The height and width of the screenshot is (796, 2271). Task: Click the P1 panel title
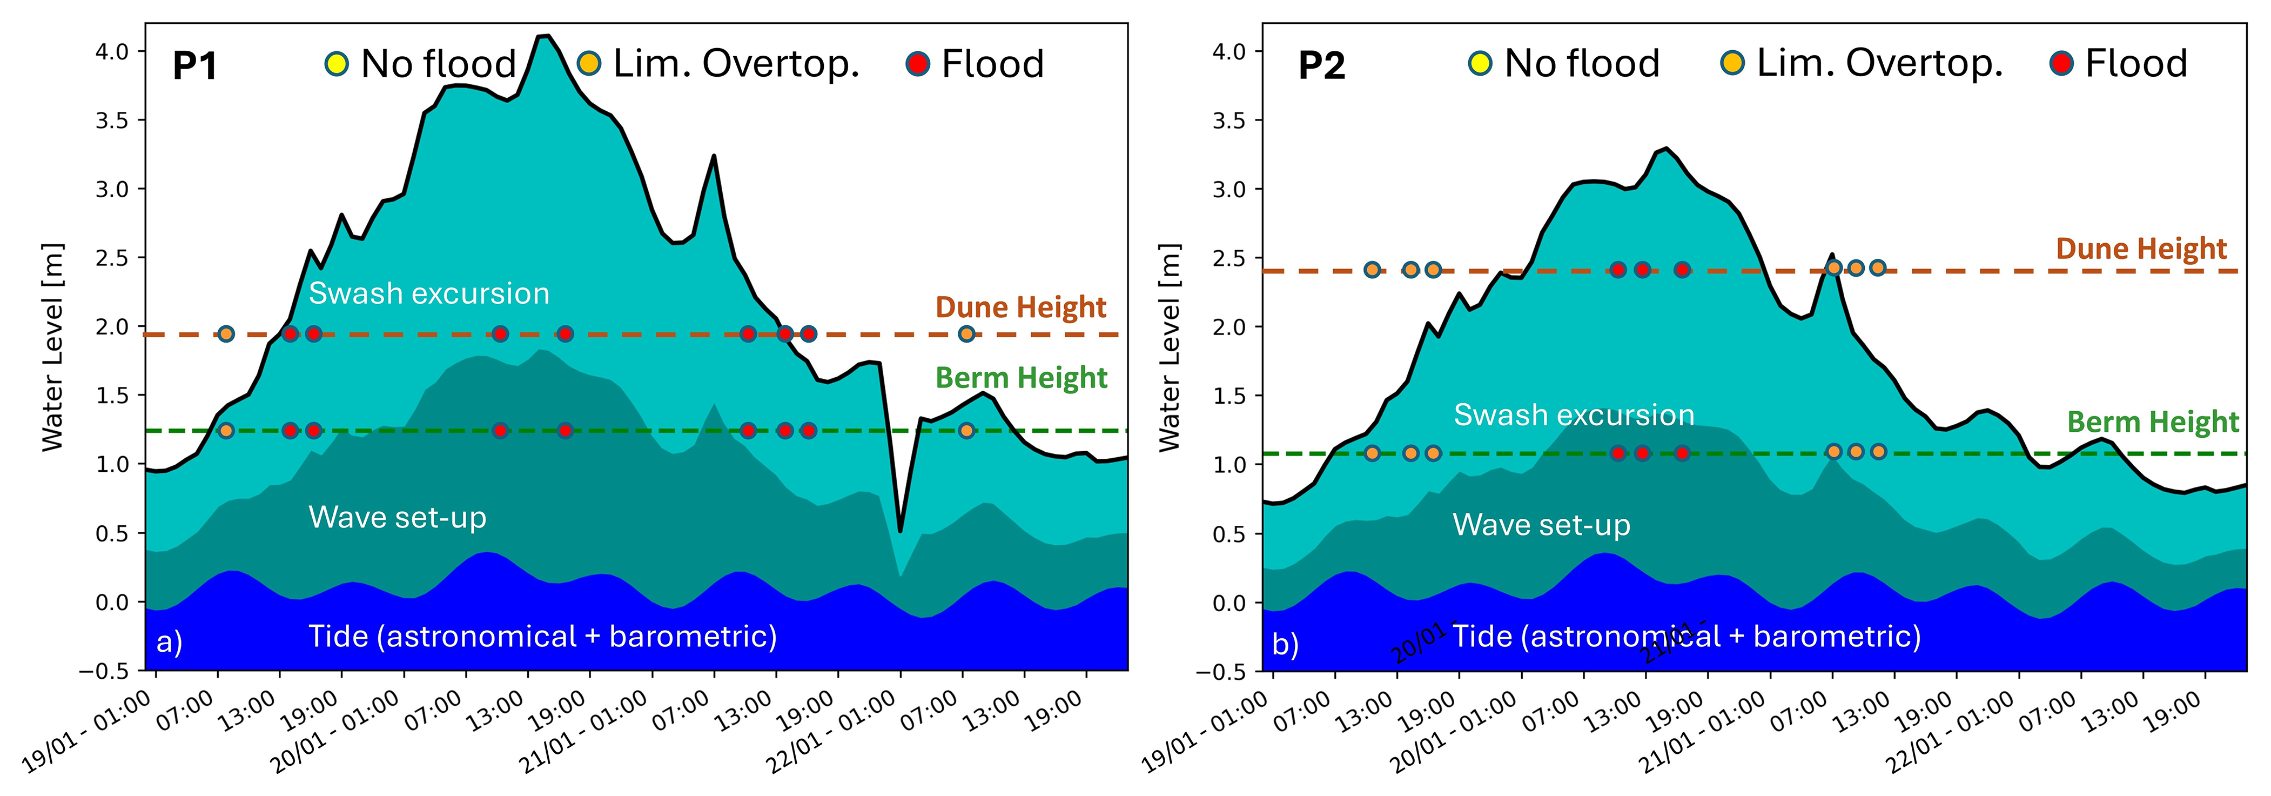(195, 66)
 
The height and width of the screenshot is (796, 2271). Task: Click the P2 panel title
(1321, 66)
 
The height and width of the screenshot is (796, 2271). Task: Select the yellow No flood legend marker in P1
(336, 63)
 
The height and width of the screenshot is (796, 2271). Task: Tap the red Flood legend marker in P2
(2061, 63)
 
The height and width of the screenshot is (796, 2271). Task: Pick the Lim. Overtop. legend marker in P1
(589, 63)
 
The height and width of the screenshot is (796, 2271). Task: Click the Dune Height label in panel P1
(1020, 307)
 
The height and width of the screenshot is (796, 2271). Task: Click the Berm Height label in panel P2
(2153, 422)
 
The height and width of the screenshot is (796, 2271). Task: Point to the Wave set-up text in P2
(1541, 525)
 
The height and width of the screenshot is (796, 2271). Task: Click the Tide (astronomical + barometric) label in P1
(542, 636)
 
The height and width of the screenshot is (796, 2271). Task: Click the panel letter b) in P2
(1285, 644)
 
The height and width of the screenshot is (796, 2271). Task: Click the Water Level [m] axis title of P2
(1169, 347)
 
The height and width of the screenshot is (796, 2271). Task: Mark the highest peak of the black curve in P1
(545, 36)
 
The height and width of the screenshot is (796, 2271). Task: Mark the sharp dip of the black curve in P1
(900, 531)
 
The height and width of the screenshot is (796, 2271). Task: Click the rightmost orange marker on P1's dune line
(966, 334)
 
